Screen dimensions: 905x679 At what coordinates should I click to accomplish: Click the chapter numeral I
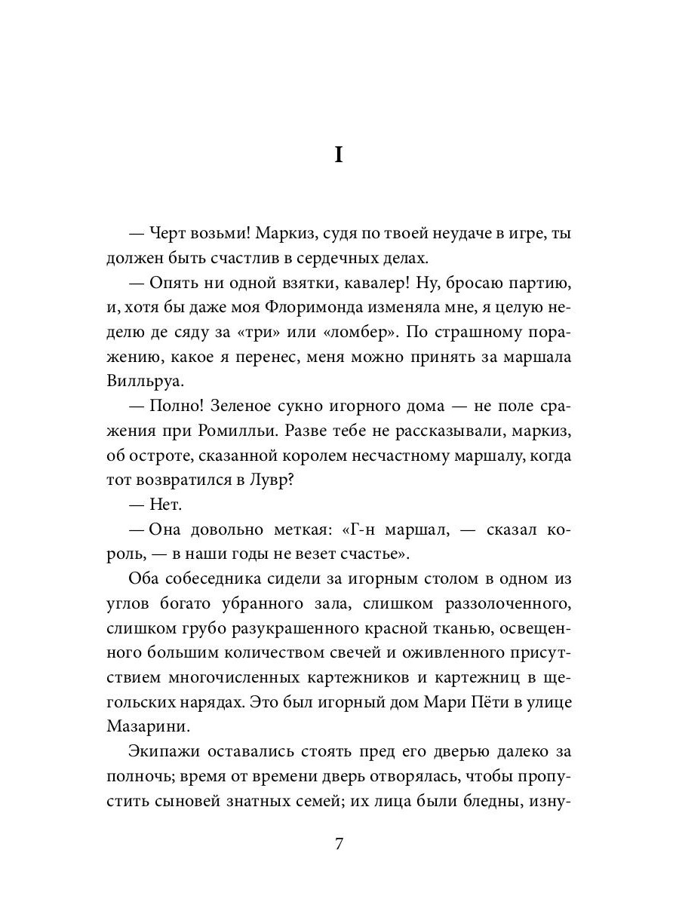339,156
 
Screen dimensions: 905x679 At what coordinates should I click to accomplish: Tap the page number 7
339,844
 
